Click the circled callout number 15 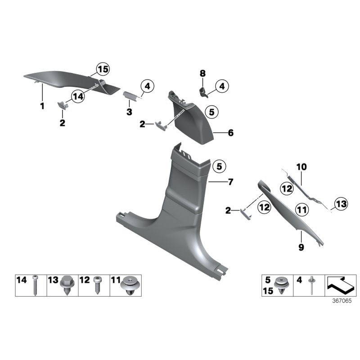coord(103,69)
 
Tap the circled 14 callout coord(78,96)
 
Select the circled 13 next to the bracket coord(341,204)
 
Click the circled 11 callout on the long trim coord(301,210)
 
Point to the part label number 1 coord(42,106)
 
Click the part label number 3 coord(129,112)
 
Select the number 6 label coord(230,133)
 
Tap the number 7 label coord(230,182)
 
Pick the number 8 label coord(202,73)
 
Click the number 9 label coord(301,247)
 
